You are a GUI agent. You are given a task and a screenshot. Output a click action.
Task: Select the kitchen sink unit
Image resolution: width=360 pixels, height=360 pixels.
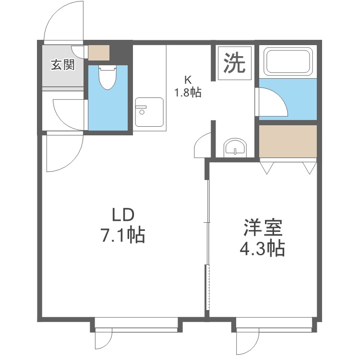tap(149, 112)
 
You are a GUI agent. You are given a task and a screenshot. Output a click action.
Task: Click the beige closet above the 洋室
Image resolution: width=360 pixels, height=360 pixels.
tap(288, 141)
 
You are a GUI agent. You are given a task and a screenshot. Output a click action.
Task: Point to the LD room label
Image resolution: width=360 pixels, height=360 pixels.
tap(121, 214)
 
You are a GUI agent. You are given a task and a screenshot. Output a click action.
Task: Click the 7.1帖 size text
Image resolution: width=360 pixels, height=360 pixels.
tap(121, 235)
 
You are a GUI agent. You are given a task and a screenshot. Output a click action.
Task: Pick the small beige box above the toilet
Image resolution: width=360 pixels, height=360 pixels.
tap(99, 52)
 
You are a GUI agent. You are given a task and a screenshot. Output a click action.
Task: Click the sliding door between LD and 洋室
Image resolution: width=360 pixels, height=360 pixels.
tap(207, 245)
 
